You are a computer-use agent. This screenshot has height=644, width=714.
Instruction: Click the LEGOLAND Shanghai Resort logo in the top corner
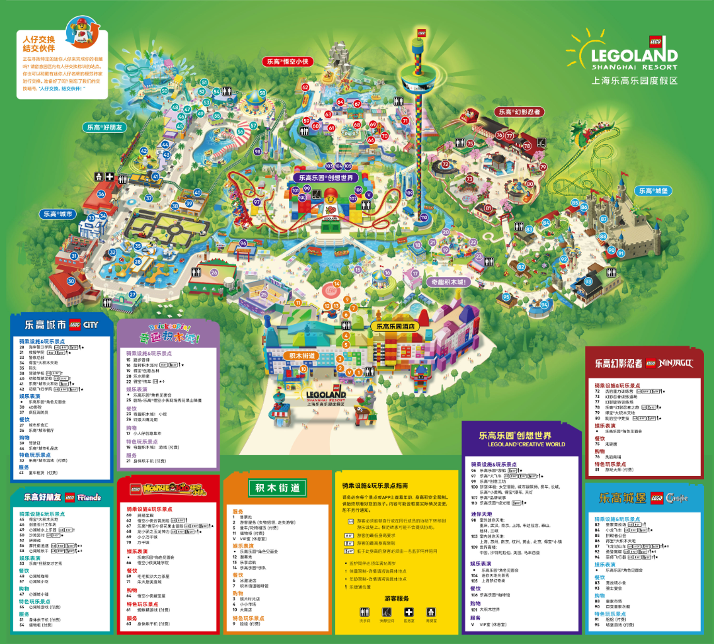pos(625,58)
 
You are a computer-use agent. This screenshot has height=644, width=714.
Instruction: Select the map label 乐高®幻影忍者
pos(520,112)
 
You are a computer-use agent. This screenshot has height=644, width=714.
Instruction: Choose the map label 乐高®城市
pos(58,214)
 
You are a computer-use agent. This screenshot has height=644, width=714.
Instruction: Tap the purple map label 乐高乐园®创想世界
pos(328,177)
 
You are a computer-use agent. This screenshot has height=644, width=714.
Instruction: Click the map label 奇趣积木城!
pos(448,282)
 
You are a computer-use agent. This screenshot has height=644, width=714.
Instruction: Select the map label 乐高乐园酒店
pos(395,326)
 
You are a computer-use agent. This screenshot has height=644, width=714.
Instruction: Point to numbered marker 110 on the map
pos(424,218)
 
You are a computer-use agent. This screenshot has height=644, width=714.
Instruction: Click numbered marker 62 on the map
pos(305,87)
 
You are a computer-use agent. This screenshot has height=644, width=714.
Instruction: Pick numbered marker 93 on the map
pos(579,282)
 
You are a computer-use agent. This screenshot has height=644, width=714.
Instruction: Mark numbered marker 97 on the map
pos(257,202)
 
